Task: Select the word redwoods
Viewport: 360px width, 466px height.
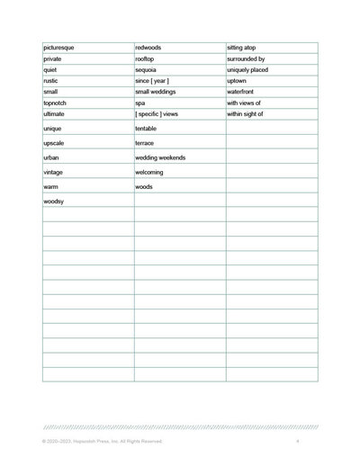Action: click(149, 47)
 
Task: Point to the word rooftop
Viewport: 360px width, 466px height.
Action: click(146, 58)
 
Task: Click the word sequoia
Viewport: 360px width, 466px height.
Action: click(147, 69)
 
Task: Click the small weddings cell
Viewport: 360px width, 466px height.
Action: click(156, 92)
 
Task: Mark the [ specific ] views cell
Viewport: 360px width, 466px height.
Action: click(157, 114)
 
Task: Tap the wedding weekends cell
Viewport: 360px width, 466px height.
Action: click(160, 157)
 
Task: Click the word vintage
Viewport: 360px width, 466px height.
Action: click(53, 172)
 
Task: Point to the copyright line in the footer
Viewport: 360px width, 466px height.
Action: click(102, 442)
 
